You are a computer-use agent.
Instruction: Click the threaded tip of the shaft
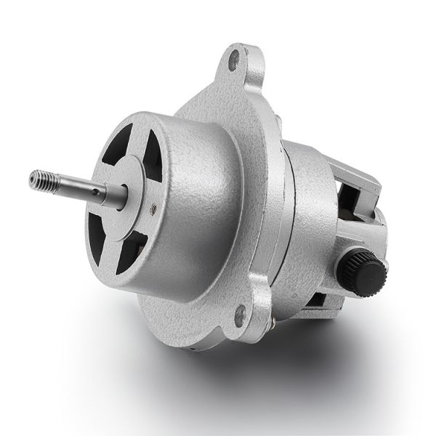(x=42, y=178)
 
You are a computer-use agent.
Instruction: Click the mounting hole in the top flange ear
(x=234, y=60)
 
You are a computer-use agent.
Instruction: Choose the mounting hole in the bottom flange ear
(x=240, y=314)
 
